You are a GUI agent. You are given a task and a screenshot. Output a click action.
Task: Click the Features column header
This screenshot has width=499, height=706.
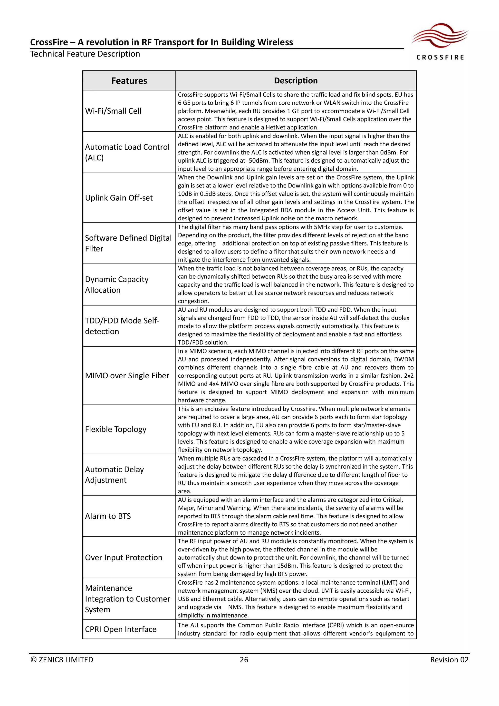point(129,80)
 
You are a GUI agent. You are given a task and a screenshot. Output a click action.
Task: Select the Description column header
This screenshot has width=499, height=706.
point(296,80)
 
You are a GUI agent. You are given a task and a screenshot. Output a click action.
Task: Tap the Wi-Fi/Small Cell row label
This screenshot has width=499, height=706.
point(113,111)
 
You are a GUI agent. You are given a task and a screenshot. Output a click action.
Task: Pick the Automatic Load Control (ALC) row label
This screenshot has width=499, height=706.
point(127,152)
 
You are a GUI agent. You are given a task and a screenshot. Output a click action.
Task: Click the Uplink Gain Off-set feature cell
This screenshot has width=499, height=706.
point(119,198)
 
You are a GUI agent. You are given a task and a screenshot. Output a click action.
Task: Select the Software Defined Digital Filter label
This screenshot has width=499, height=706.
point(128,243)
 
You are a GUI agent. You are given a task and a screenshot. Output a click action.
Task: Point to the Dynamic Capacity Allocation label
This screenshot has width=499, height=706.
point(117,284)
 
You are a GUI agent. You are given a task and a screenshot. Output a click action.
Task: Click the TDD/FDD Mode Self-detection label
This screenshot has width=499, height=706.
point(122,326)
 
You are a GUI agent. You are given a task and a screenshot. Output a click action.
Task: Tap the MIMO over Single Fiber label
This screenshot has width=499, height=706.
point(127,375)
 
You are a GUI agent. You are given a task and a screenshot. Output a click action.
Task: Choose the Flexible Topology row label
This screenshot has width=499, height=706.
point(115,429)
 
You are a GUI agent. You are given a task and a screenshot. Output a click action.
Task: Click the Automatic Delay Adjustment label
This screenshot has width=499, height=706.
point(114,475)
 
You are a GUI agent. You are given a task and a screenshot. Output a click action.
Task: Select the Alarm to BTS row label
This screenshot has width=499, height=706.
point(108,516)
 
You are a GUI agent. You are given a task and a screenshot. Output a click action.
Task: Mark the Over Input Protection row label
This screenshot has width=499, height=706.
point(124,558)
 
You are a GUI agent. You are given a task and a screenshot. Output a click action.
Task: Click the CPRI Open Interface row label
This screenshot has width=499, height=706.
point(120,629)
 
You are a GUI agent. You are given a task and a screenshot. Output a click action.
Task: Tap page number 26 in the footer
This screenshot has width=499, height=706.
point(244,660)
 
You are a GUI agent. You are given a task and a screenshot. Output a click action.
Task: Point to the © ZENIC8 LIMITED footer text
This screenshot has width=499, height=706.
point(62,660)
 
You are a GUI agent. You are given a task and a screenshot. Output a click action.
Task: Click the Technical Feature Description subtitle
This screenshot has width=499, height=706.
point(85,54)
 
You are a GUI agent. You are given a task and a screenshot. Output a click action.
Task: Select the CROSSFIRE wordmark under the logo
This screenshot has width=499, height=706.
point(440,57)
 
